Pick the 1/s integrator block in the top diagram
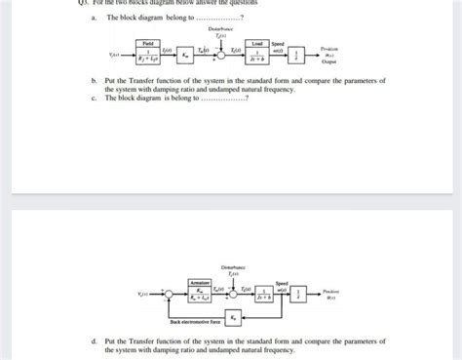(x=304, y=55)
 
